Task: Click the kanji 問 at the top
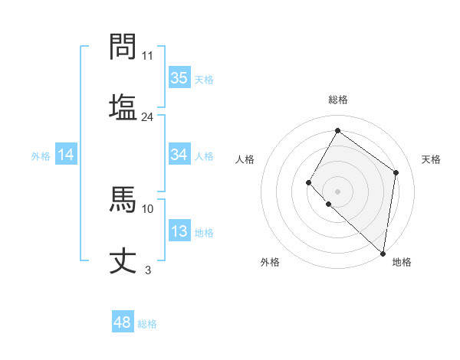coord(123,47)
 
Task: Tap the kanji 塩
coord(123,106)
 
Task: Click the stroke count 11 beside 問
coord(148,56)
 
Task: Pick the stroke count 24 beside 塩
coord(148,116)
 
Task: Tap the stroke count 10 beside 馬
coord(148,208)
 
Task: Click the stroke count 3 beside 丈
coord(148,270)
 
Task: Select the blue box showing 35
coord(179,78)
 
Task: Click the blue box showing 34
coord(179,155)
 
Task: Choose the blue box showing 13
coord(179,232)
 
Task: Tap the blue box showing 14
coord(66,155)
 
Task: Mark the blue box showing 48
coord(123,322)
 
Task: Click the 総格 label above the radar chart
coord(338,100)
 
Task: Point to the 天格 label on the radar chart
coord(432,159)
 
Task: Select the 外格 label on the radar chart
coord(270,262)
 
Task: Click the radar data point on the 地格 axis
coord(383,253)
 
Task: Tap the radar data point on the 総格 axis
coord(337,130)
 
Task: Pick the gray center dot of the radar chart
coord(337,191)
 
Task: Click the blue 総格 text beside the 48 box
coord(147,324)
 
